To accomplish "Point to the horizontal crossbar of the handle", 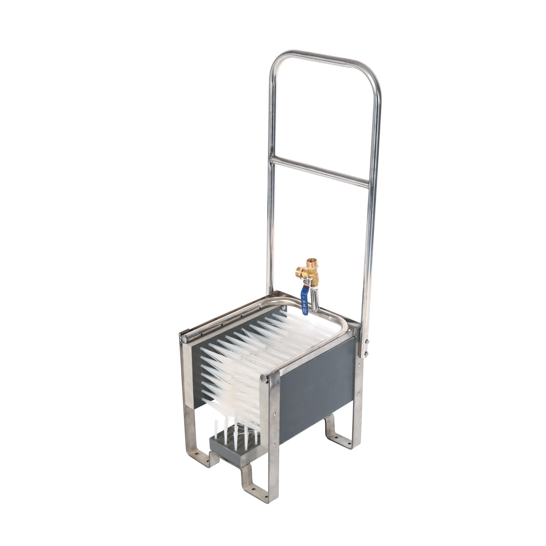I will pos(320,172).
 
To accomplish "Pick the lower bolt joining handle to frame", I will pos(366,353).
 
